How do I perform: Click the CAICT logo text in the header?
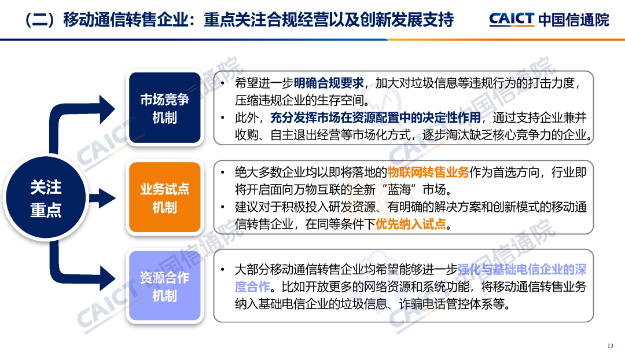point(512,19)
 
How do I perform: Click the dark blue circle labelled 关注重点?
point(46,198)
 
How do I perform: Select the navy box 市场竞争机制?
point(164,108)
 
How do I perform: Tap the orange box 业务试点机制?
point(164,197)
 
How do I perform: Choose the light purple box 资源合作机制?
point(164,286)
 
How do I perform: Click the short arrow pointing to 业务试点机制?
point(102,198)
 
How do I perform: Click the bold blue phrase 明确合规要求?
point(329,83)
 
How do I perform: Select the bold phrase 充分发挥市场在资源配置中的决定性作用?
point(376,117)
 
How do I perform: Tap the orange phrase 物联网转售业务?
point(428,172)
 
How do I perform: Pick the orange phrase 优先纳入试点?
point(411,224)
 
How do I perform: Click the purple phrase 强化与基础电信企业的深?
point(522,270)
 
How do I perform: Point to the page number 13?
point(611,346)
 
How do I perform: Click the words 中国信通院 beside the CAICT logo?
point(573,20)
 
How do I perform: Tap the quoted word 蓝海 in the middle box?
point(399,190)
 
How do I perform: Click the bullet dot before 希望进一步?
point(223,83)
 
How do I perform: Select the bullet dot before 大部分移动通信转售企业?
point(223,270)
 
